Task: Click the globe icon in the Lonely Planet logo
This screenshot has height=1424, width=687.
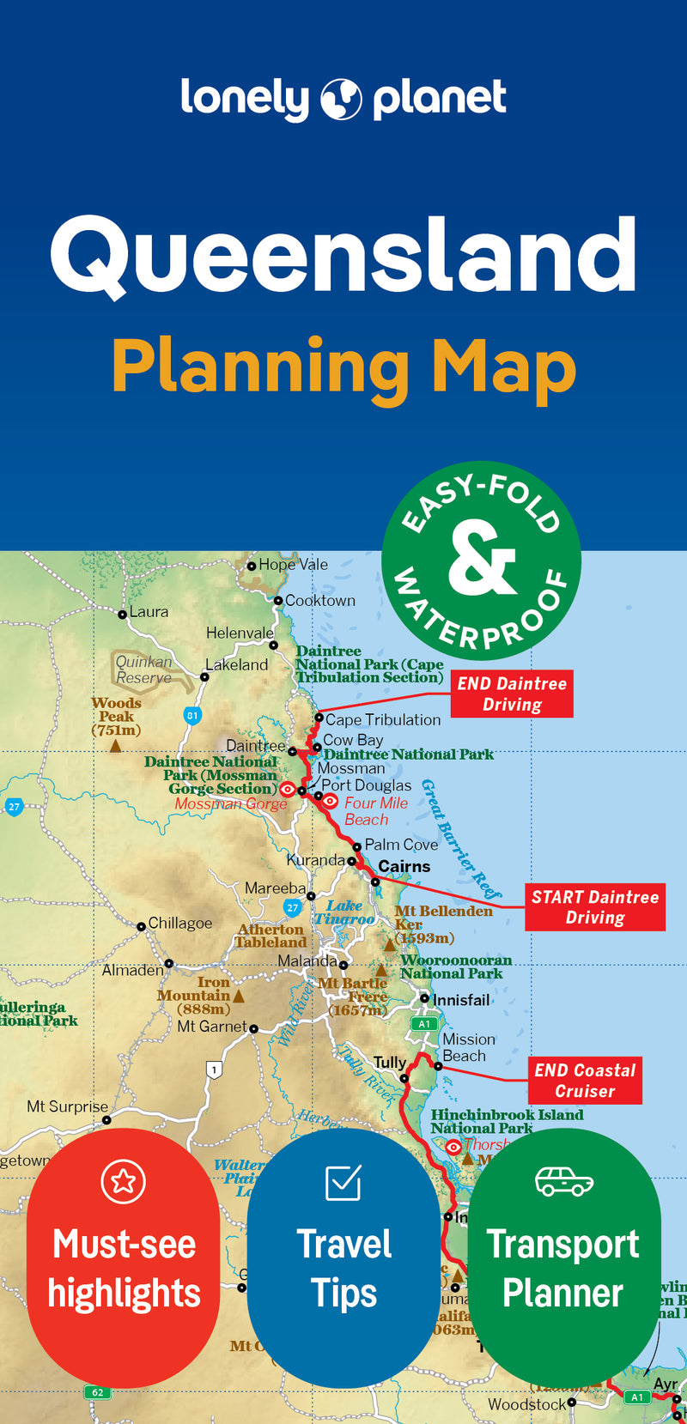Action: click(341, 100)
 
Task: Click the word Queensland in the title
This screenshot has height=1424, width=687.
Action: click(343, 255)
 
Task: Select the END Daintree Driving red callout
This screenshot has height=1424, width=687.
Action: click(512, 694)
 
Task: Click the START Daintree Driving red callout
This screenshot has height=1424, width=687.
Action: click(595, 907)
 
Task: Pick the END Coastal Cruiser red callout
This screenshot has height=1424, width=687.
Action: click(585, 1081)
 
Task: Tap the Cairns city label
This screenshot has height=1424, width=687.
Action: click(404, 867)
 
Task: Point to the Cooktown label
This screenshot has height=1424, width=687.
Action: click(319, 601)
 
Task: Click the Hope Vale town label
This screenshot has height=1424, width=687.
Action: click(293, 565)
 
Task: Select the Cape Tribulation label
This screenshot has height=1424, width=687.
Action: click(382, 720)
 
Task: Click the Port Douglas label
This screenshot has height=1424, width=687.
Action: click(366, 785)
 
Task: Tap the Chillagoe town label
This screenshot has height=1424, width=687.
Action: click(179, 924)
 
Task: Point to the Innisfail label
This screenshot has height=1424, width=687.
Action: click(461, 1000)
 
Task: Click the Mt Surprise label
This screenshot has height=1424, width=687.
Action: click(67, 1106)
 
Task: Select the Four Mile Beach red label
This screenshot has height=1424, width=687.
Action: click(375, 811)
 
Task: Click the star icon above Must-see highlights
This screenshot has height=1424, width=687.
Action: click(123, 1181)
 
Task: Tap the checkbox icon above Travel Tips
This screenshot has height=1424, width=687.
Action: click(343, 1183)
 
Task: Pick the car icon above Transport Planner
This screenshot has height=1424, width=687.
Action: click(563, 1181)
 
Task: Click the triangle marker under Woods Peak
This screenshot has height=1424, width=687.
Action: click(115, 746)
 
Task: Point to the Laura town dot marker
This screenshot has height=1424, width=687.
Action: click(123, 614)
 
